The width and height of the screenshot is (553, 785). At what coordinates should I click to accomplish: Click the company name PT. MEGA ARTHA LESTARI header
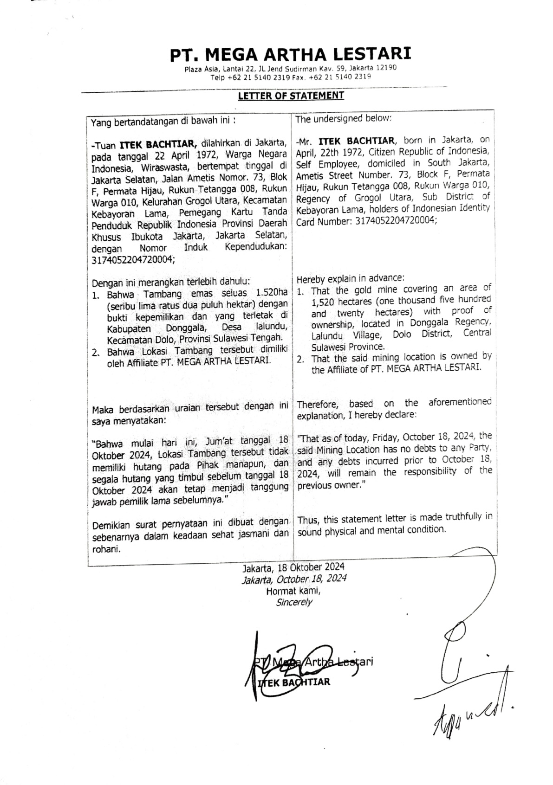tap(290, 54)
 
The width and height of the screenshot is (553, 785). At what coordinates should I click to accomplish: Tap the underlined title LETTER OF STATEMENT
tap(291, 96)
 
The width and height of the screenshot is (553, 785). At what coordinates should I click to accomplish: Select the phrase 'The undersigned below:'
tap(344, 119)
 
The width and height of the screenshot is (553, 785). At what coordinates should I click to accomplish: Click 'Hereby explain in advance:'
tap(351, 279)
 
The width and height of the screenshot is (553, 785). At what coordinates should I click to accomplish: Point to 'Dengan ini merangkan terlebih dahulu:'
tap(171, 282)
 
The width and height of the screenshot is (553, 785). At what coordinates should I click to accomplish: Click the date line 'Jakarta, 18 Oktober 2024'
tap(293, 567)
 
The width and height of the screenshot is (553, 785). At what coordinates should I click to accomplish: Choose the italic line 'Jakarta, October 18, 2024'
tap(294, 579)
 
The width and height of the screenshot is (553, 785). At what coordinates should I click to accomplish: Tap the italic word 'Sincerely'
tap(294, 602)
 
